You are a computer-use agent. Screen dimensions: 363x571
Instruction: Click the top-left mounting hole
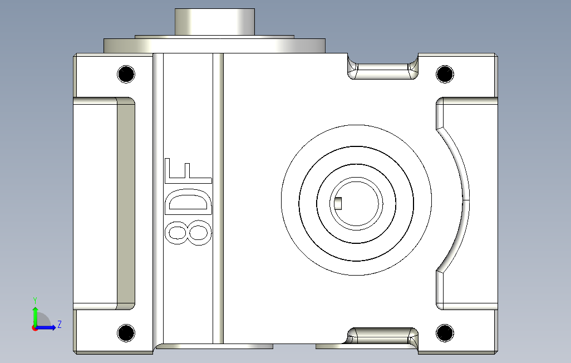coord(126,74)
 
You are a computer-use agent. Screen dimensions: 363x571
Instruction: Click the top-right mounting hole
coord(445,74)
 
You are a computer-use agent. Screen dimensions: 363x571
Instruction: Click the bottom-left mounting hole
coord(126,333)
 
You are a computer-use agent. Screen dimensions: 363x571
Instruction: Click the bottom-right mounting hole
coord(445,333)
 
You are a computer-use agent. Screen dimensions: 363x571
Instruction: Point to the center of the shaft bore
coord(357,203)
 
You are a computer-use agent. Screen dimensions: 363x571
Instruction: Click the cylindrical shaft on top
coord(214,22)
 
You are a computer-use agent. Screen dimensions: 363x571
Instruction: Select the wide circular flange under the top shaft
coord(214,45)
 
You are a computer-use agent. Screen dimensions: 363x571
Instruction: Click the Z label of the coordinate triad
coord(59,324)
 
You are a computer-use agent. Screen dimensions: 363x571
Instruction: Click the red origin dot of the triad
coord(35,328)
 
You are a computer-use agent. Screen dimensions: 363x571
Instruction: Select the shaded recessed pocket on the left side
coord(125,203)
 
